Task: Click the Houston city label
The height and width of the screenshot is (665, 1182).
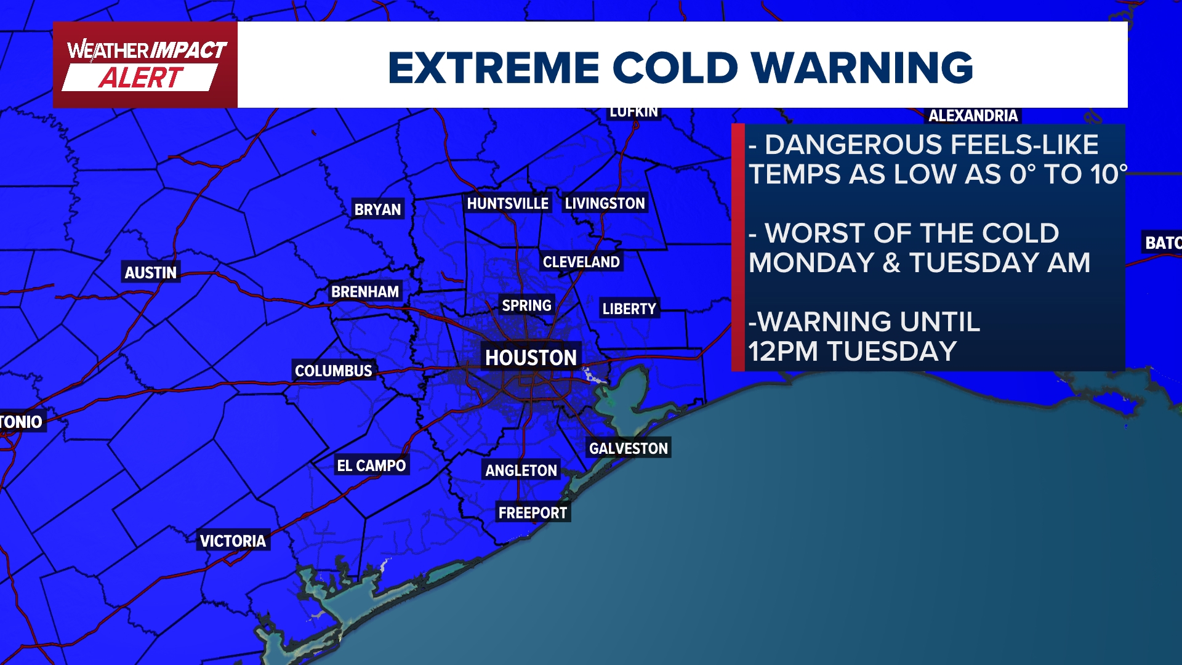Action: point(531,358)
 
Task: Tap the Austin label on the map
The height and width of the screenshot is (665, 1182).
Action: point(150,273)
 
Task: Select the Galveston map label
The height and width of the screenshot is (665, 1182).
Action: point(628,448)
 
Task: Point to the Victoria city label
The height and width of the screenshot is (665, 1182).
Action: point(233,541)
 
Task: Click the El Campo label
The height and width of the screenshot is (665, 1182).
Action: point(371,465)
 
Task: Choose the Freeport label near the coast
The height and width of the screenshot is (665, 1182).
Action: point(533,513)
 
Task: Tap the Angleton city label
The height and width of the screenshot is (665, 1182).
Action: point(521,470)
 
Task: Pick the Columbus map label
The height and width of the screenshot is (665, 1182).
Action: point(333,371)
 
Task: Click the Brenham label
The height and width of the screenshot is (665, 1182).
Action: point(365,292)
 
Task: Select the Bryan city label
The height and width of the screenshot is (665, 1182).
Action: point(377,210)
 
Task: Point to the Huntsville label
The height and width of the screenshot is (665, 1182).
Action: point(507,204)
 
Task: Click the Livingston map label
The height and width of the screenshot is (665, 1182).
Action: point(605,204)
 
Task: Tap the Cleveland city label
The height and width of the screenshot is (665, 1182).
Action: point(581,262)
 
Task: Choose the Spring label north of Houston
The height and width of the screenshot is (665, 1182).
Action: point(526,305)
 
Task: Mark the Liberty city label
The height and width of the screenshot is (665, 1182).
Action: point(629,308)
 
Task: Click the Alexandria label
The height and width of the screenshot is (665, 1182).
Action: point(973,116)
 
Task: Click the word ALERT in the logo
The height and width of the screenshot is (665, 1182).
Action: point(141,78)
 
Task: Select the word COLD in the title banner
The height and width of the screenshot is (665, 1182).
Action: point(675,67)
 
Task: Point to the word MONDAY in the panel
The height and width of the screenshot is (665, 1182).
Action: point(811,263)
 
